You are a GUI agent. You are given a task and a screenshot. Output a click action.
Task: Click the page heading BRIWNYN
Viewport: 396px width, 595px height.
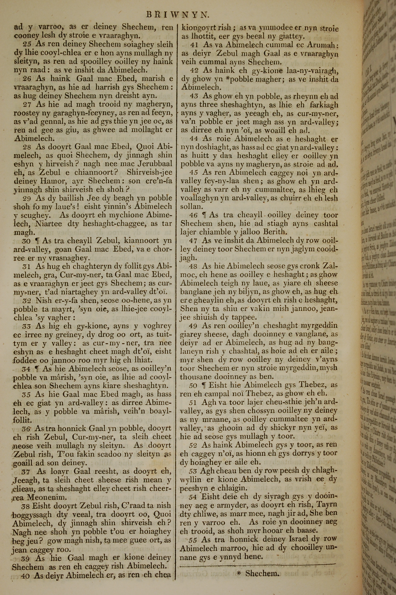point(178,15)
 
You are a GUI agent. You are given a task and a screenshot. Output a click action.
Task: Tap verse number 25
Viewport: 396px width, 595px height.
point(27,44)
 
